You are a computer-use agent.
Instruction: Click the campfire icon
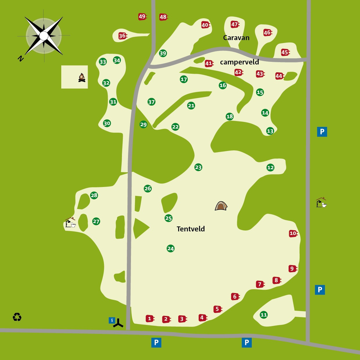pyautogui.click(x=82, y=78)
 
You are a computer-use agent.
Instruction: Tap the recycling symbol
pyautogui.click(x=17, y=317)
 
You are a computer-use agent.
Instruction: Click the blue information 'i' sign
pyautogui.click(x=112, y=320)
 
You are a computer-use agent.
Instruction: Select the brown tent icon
pyautogui.click(x=221, y=206)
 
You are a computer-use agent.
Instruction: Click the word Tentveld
pyautogui.click(x=191, y=229)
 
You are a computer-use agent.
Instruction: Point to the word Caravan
pyautogui.click(x=236, y=38)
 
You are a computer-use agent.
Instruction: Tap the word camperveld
pyautogui.click(x=239, y=62)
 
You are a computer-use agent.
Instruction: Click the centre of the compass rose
pyautogui.click(x=44, y=36)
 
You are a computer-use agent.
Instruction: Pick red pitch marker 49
pyautogui.click(x=142, y=17)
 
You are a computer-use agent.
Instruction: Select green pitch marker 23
pyautogui.click(x=198, y=167)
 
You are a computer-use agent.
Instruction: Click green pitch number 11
pyautogui.click(x=264, y=315)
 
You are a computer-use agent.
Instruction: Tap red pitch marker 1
pyautogui.click(x=150, y=318)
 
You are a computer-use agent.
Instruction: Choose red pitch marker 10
pyautogui.click(x=293, y=233)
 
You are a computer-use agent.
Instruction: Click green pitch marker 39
pyautogui.click(x=163, y=53)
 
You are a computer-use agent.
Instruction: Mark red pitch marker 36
pyautogui.click(x=123, y=36)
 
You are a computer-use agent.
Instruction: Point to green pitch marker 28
pyautogui.click(x=94, y=195)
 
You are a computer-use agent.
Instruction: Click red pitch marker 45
pyautogui.click(x=285, y=52)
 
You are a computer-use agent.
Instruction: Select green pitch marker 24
pyautogui.click(x=171, y=249)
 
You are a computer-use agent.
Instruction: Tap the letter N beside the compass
pyautogui.click(x=20, y=58)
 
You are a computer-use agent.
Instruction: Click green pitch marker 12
pyautogui.click(x=270, y=168)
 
